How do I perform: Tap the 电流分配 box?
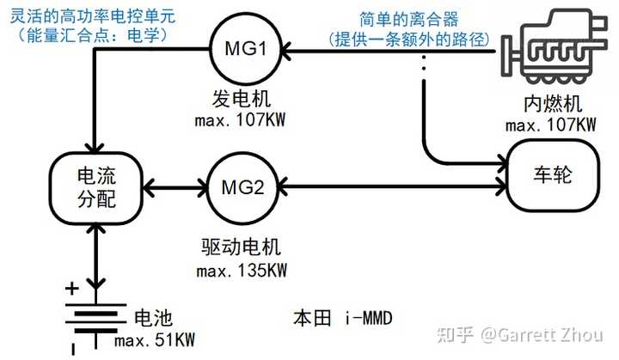(x=95, y=186)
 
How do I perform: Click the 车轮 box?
(x=554, y=177)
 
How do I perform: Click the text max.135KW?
(x=242, y=271)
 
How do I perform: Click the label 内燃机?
(x=553, y=105)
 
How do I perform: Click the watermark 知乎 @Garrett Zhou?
(x=525, y=334)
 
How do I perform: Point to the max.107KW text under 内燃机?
(x=551, y=125)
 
